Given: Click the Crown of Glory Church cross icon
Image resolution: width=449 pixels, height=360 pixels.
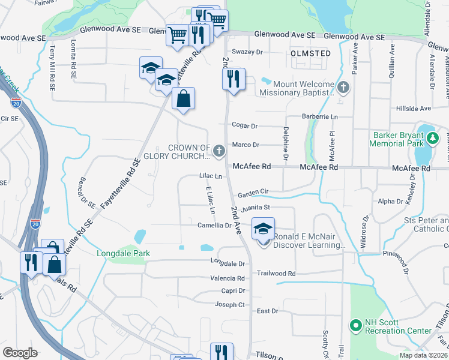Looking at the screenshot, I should point(220,149).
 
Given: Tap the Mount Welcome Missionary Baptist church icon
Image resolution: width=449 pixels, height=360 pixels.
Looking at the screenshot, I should point(343,88).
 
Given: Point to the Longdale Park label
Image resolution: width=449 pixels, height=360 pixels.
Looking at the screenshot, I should point(123,253).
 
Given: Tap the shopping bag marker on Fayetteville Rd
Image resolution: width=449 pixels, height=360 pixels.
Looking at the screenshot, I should point(184,98).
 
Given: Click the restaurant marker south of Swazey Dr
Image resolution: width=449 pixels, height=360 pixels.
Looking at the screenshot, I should point(234,79).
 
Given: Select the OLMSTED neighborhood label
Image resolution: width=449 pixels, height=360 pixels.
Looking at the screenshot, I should point(310,53).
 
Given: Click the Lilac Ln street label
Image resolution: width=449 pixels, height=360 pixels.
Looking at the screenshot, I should point(211,176).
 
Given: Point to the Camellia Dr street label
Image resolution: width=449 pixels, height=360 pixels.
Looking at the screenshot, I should point(214,226).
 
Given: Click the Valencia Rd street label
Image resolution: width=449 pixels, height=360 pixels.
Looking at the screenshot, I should point(227,278).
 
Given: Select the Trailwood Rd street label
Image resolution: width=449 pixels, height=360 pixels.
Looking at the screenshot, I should point(276,273).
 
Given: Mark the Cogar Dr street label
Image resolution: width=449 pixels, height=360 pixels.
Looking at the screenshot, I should point(245,126).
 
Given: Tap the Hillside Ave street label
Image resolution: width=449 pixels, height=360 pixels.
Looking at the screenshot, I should point(414,109).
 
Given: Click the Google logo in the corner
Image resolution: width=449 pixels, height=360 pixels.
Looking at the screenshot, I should point(20,353).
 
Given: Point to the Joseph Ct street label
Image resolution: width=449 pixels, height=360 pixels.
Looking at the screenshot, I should point(231,305).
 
